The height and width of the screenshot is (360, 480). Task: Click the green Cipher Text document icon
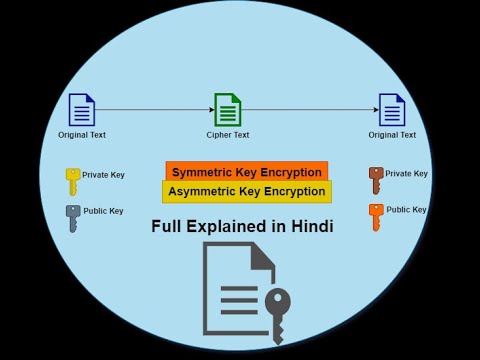click(228, 109)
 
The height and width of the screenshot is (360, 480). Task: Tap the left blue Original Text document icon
click(82, 109)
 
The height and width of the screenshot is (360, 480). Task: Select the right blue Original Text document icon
click(392, 109)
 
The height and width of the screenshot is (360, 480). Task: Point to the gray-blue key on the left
click(72, 218)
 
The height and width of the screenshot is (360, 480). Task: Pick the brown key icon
click(375, 180)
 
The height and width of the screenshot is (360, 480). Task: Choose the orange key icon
click(375, 216)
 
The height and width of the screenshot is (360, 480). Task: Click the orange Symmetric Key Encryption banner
click(246, 172)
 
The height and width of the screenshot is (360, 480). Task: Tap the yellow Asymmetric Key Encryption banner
click(246, 191)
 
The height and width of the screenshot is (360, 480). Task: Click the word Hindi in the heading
click(309, 226)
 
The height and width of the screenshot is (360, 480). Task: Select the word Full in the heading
click(168, 226)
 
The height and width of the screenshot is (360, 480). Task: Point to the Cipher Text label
click(228, 135)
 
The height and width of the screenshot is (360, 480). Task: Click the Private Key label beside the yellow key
click(103, 175)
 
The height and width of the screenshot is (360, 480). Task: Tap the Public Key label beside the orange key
click(406, 210)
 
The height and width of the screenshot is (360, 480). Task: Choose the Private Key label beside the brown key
click(406, 174)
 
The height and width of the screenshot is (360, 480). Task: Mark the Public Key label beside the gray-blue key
click(103, 211)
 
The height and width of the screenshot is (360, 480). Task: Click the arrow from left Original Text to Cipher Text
click(154, 109)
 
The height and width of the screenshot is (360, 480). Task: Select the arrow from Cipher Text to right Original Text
click(309, 109)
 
